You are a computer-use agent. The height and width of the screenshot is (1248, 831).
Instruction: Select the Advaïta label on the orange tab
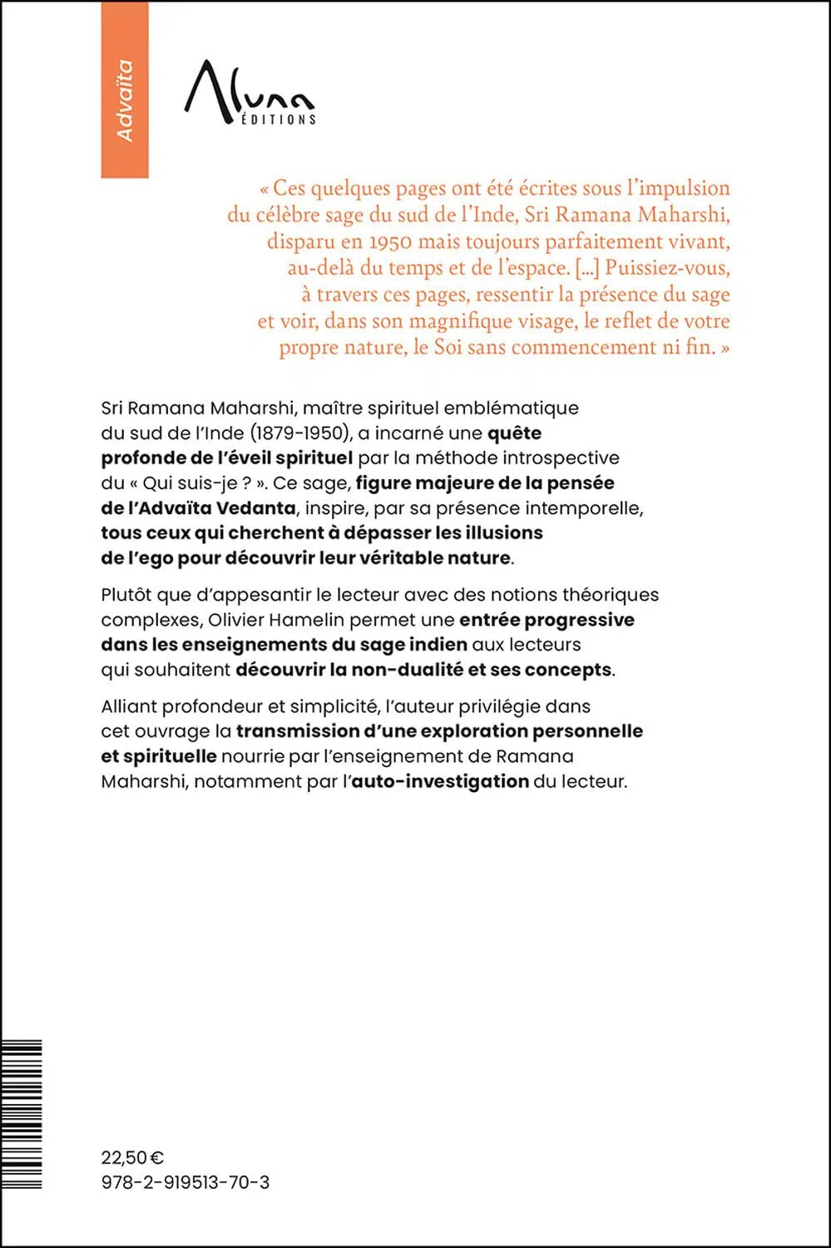click(x=125, y=100)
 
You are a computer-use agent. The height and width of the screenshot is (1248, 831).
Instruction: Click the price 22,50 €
click(x=132, y=1157)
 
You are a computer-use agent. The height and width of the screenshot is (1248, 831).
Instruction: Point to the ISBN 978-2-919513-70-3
click(x=185, y=1182)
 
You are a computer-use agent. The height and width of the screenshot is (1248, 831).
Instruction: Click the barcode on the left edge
click(x=22, y=1114)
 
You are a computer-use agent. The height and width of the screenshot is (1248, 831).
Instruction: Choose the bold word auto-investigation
click(x=440, y=781)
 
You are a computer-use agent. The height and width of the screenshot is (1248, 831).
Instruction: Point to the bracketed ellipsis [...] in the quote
click(x=587, y=268)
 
